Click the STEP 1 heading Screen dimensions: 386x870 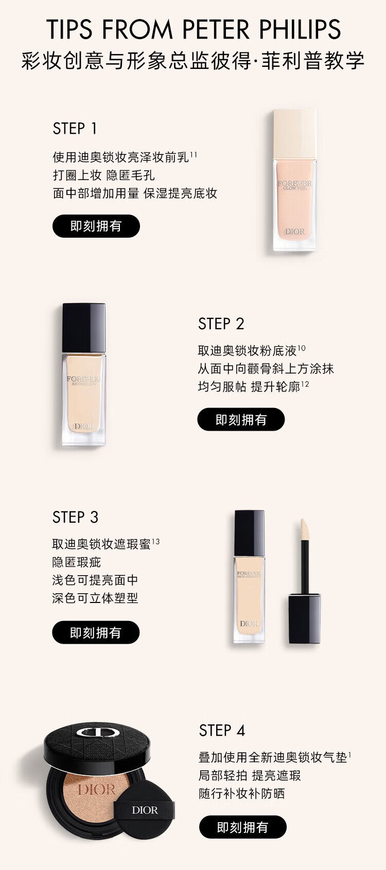pos(75,129)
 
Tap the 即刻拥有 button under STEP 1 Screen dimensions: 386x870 pos(96,226)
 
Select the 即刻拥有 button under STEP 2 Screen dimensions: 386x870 pos(241,419)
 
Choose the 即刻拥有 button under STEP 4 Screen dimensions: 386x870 pos(242,827)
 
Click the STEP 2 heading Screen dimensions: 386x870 pos(221,324)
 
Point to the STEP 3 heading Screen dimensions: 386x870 pos(76,518)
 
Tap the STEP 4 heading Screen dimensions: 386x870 pos(222,731)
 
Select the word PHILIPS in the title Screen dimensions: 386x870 pos(301,29)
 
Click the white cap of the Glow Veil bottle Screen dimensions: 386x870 pos(294,134)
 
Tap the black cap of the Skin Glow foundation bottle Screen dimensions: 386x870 pos(84,328)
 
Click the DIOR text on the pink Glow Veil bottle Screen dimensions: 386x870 pos(295,232)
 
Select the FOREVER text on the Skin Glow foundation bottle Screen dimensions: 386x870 pos(84,379)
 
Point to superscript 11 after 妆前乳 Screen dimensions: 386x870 pos(193,154)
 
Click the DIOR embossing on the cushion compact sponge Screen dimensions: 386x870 pos(96,790)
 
